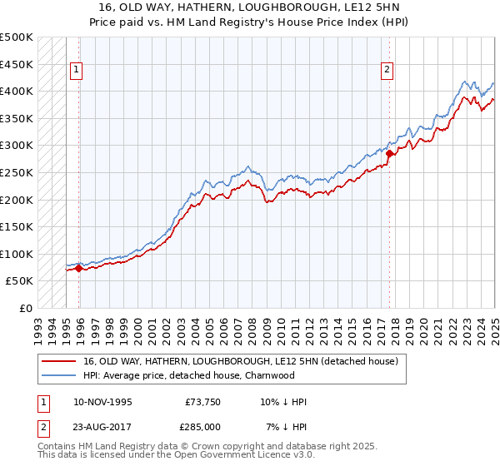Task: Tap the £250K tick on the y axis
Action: pos(17,172)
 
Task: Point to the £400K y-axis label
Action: pos(17,91)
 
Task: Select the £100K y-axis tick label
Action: pos(17,254)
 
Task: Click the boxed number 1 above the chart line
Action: pos(76,71)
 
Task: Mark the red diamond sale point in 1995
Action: pos(78,268)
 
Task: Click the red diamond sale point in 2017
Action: pos(389,153)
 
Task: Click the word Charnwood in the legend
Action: pos(270,375)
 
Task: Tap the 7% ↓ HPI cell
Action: pos(287,427)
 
